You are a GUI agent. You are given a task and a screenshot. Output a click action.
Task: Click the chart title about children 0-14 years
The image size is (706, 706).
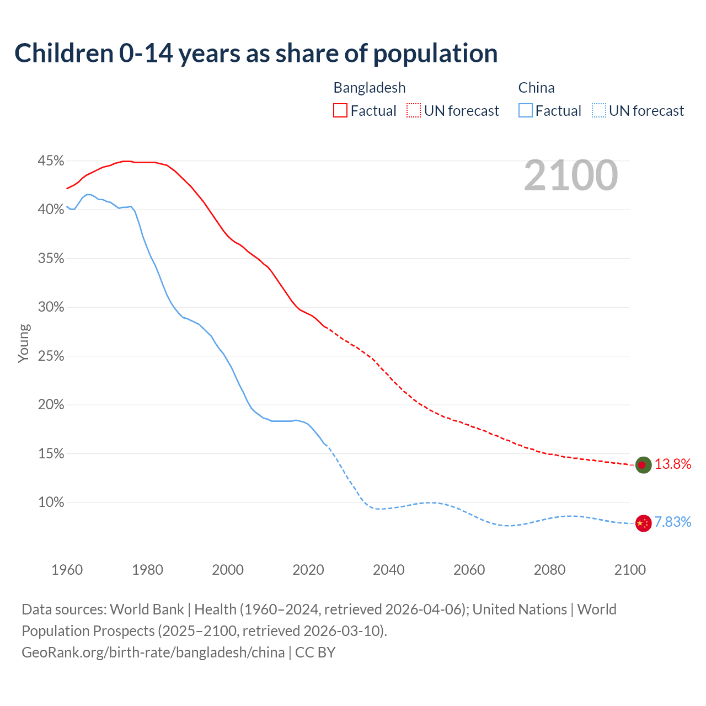[256, 54]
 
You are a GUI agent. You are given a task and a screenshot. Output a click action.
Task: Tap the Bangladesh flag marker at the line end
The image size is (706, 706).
[643, 465]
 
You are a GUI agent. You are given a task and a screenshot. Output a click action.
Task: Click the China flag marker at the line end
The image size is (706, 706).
[643, 523]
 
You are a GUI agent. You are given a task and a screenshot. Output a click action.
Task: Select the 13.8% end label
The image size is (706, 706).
[672, 464]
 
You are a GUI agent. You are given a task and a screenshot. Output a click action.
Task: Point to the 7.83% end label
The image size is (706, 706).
[672, 522]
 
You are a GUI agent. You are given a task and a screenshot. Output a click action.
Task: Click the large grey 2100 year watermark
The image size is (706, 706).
[570, 175]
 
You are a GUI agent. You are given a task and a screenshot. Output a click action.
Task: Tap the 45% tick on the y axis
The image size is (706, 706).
[51, 161]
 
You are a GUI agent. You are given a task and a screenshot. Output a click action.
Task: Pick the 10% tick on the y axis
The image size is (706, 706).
[51, 502]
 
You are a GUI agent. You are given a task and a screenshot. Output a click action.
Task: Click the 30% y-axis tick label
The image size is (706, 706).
[51, 307]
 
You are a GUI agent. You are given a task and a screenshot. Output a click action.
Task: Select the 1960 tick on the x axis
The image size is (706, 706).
[67, 570]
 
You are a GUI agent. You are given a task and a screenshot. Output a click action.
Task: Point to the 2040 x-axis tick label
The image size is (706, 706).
[388, 570]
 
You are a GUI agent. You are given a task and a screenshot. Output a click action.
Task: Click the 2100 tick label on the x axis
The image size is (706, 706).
[629, 570]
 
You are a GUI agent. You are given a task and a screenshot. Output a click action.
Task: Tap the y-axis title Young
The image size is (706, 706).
[23, 343]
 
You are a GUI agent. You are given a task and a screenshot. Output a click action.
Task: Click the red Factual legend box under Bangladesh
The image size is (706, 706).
[340, 111]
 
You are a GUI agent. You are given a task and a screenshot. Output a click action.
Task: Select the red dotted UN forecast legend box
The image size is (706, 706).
[414, 111]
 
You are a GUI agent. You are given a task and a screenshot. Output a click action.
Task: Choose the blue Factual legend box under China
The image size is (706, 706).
[526, 111]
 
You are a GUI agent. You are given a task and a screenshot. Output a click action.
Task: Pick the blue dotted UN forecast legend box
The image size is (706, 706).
[599, 111]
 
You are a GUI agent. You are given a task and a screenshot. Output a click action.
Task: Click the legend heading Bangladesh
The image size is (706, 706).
[370, 88]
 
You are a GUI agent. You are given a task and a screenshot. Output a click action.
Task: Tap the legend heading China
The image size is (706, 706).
[536, 88]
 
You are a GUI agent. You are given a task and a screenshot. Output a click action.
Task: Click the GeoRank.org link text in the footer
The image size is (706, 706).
[153, 652]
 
